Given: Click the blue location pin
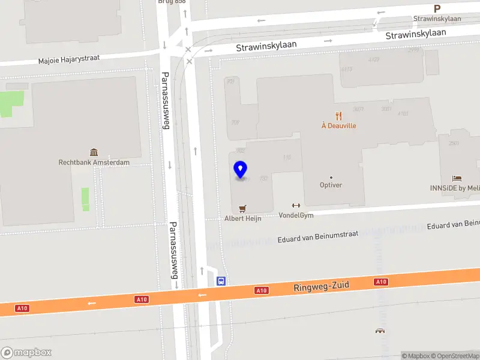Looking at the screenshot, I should pyautogui.click(x=240, y=170).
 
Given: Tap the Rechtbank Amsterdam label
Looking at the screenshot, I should pyautogui.click(x=94, y=162).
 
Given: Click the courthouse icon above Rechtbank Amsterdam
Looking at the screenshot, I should pyautogui.click(x=94, y=152).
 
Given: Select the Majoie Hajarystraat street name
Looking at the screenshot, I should pyautogui.click(x=68, y=59).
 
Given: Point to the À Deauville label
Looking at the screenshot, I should pyautogui.click(x=338, y=126).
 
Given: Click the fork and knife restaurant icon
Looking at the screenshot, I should pyautogui.click(x=339, y=116).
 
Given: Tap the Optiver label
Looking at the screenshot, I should pyautogui.click(x=331, y=185).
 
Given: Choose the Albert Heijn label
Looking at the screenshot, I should pyautogui.click(x=243, y=218).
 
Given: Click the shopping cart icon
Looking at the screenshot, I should pyautogui.click(x=243, y=208).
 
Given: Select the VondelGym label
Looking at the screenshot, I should pyautogui.click(x=296, y=215).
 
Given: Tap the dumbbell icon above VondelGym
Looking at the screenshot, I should pyautogui.click(x=295, y=206).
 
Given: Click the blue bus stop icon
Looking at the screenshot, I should pyautogui.click(x=221, y=280).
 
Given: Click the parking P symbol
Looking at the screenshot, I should pyautogui.click(x=437, y=9).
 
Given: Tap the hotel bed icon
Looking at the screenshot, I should pyautogui.click(x=457, y=178).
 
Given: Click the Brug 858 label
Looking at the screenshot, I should pyautogui.click(x=172, y=2).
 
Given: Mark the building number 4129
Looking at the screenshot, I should pyautogui.click(x=374, y=59).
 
